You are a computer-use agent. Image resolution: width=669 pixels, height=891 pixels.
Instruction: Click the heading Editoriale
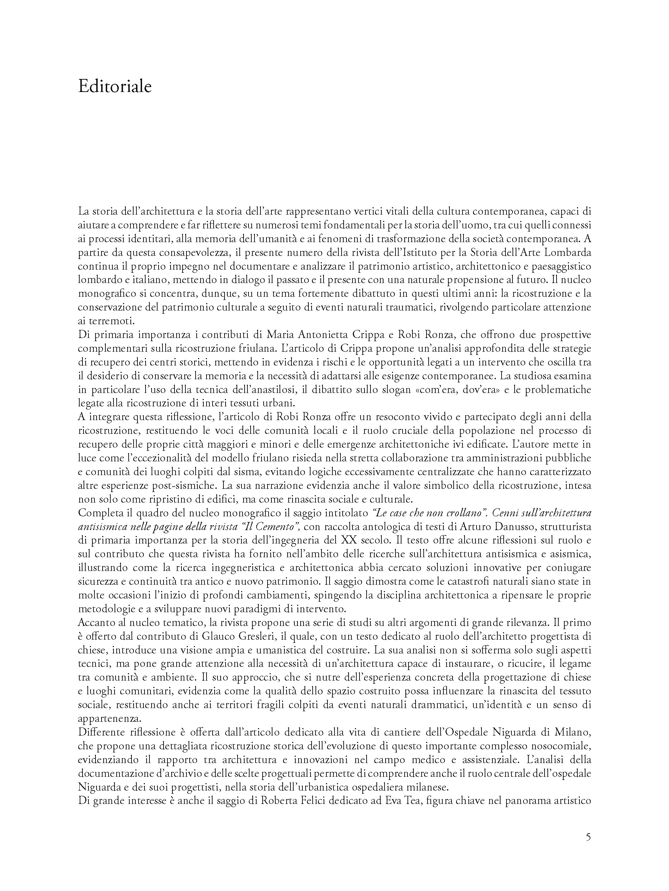tap(115, 87)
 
